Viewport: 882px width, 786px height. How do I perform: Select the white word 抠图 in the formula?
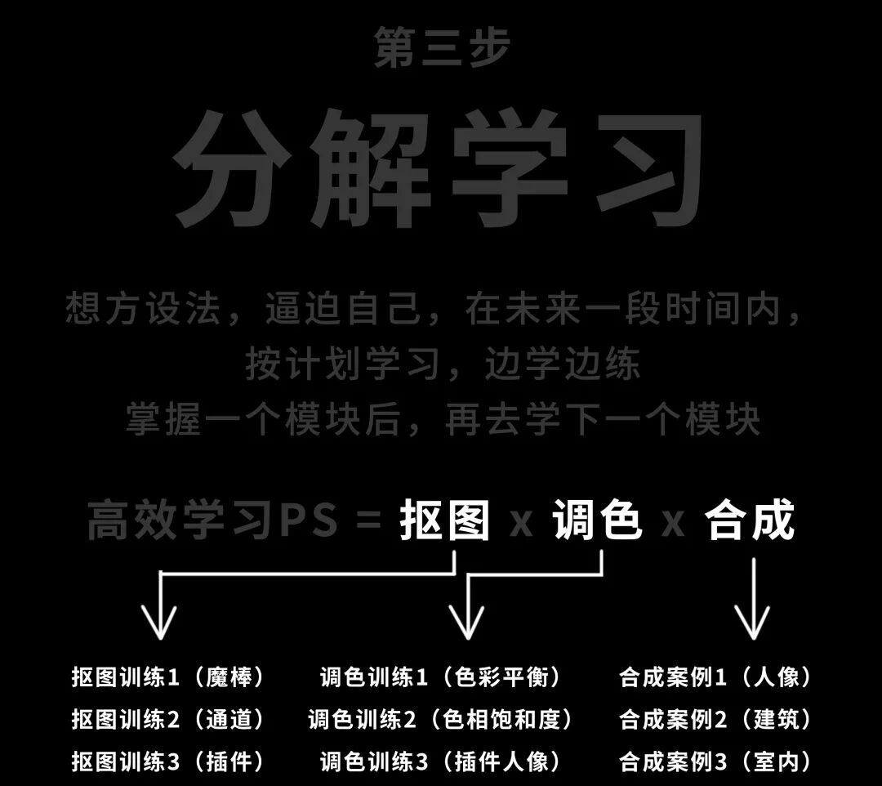(444, 521)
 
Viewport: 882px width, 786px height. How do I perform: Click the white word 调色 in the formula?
(596, 521)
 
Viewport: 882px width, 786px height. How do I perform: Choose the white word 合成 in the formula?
(750, 521)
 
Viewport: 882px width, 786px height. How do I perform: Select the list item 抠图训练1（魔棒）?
(168, 677)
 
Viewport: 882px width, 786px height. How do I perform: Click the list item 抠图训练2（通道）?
(168, 720)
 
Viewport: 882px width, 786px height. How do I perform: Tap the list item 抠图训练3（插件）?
(168, 762)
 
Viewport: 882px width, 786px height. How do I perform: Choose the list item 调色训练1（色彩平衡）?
(441, 677)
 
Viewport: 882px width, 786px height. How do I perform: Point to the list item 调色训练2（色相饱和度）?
(441, 720)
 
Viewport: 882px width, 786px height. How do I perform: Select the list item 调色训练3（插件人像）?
(441, 762)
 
